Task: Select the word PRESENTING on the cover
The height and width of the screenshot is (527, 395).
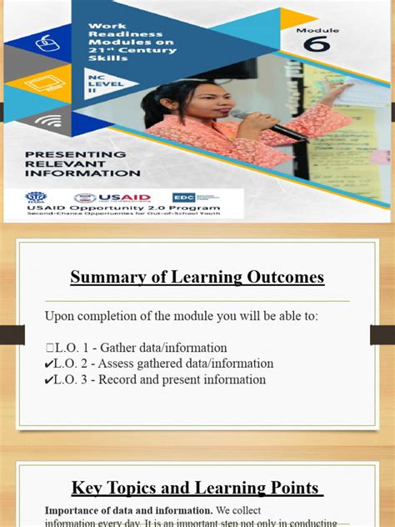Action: coord(75,155)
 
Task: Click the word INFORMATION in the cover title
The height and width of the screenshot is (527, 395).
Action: coord(82,173)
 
